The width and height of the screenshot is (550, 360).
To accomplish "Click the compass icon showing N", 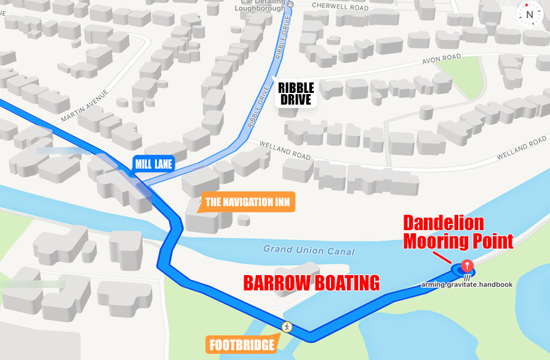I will pyautogui.click(x=529, y=13).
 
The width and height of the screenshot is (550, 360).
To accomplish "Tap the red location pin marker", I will pyautogui.click(x=467, y=266).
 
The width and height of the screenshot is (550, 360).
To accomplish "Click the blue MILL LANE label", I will pyautogui.click(x=154, y=164).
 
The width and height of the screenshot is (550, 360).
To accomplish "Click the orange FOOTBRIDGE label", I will pyautogui.click(x=242, y=345).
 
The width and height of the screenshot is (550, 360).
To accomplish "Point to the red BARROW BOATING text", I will pyautogui.click(x=311, y=283).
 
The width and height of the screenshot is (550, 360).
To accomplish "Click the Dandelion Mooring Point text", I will pyautogui.click(x=458, y=231).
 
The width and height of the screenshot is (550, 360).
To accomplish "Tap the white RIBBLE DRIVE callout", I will pyautogui.click(x=296, y=94).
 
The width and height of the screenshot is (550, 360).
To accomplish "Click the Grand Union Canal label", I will pyautogui.click(x=309, y=250).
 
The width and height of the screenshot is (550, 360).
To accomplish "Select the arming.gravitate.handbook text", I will pyautogui.click(x=467, y=284).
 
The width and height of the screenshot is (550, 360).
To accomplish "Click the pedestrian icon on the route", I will pyautogui.click(x=286, y=326).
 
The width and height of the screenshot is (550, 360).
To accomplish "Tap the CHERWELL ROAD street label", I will pyautogui.click(x=340, y=7).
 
